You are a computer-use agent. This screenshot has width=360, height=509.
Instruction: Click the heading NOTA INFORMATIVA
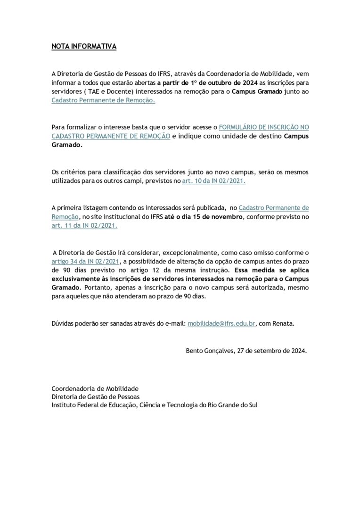(83, 47)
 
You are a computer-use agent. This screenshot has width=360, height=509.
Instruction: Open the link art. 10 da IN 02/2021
(213, 181)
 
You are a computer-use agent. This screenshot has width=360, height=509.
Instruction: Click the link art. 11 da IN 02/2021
(84, 225)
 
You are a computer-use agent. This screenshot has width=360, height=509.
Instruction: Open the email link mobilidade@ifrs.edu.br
(221, 324)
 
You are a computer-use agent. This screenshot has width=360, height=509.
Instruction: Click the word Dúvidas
(63, 324)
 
